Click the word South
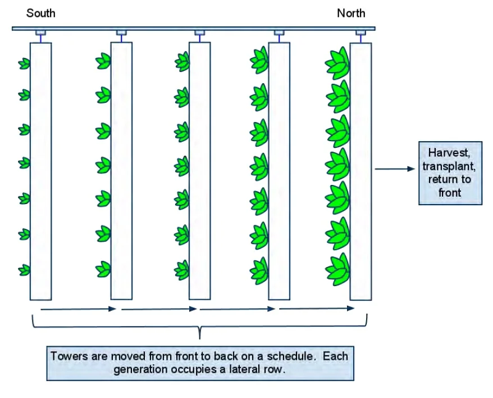point(41,13)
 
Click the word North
point(351,13)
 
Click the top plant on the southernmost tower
point(24,64)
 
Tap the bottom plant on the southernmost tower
point(24,270)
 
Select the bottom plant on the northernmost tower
point(337,267)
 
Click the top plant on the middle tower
point(182,62)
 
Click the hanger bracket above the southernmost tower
point(40,34)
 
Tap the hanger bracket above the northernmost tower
point(360,34)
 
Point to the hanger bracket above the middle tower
point(199,34)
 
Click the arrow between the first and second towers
point(78,309)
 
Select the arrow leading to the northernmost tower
point(317,308)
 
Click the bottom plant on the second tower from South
point(103,268)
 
